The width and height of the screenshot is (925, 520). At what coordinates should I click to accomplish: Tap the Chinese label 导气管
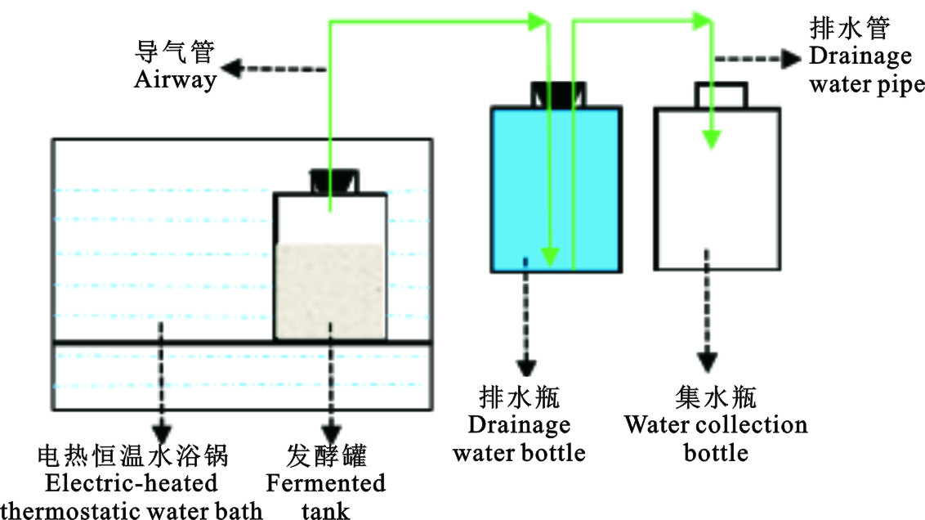point(174,53)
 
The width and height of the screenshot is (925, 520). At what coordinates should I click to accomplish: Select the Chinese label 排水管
point(849,29)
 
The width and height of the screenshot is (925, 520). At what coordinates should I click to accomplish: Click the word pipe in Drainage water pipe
point(898,84)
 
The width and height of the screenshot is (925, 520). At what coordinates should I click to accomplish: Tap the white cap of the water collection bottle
point(720,95)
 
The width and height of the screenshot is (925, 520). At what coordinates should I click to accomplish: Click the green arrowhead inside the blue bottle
point(551,258)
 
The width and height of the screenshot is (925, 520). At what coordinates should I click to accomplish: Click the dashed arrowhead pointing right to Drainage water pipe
point(790,58)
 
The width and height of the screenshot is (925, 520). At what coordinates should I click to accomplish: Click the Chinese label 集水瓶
point(716,398)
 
